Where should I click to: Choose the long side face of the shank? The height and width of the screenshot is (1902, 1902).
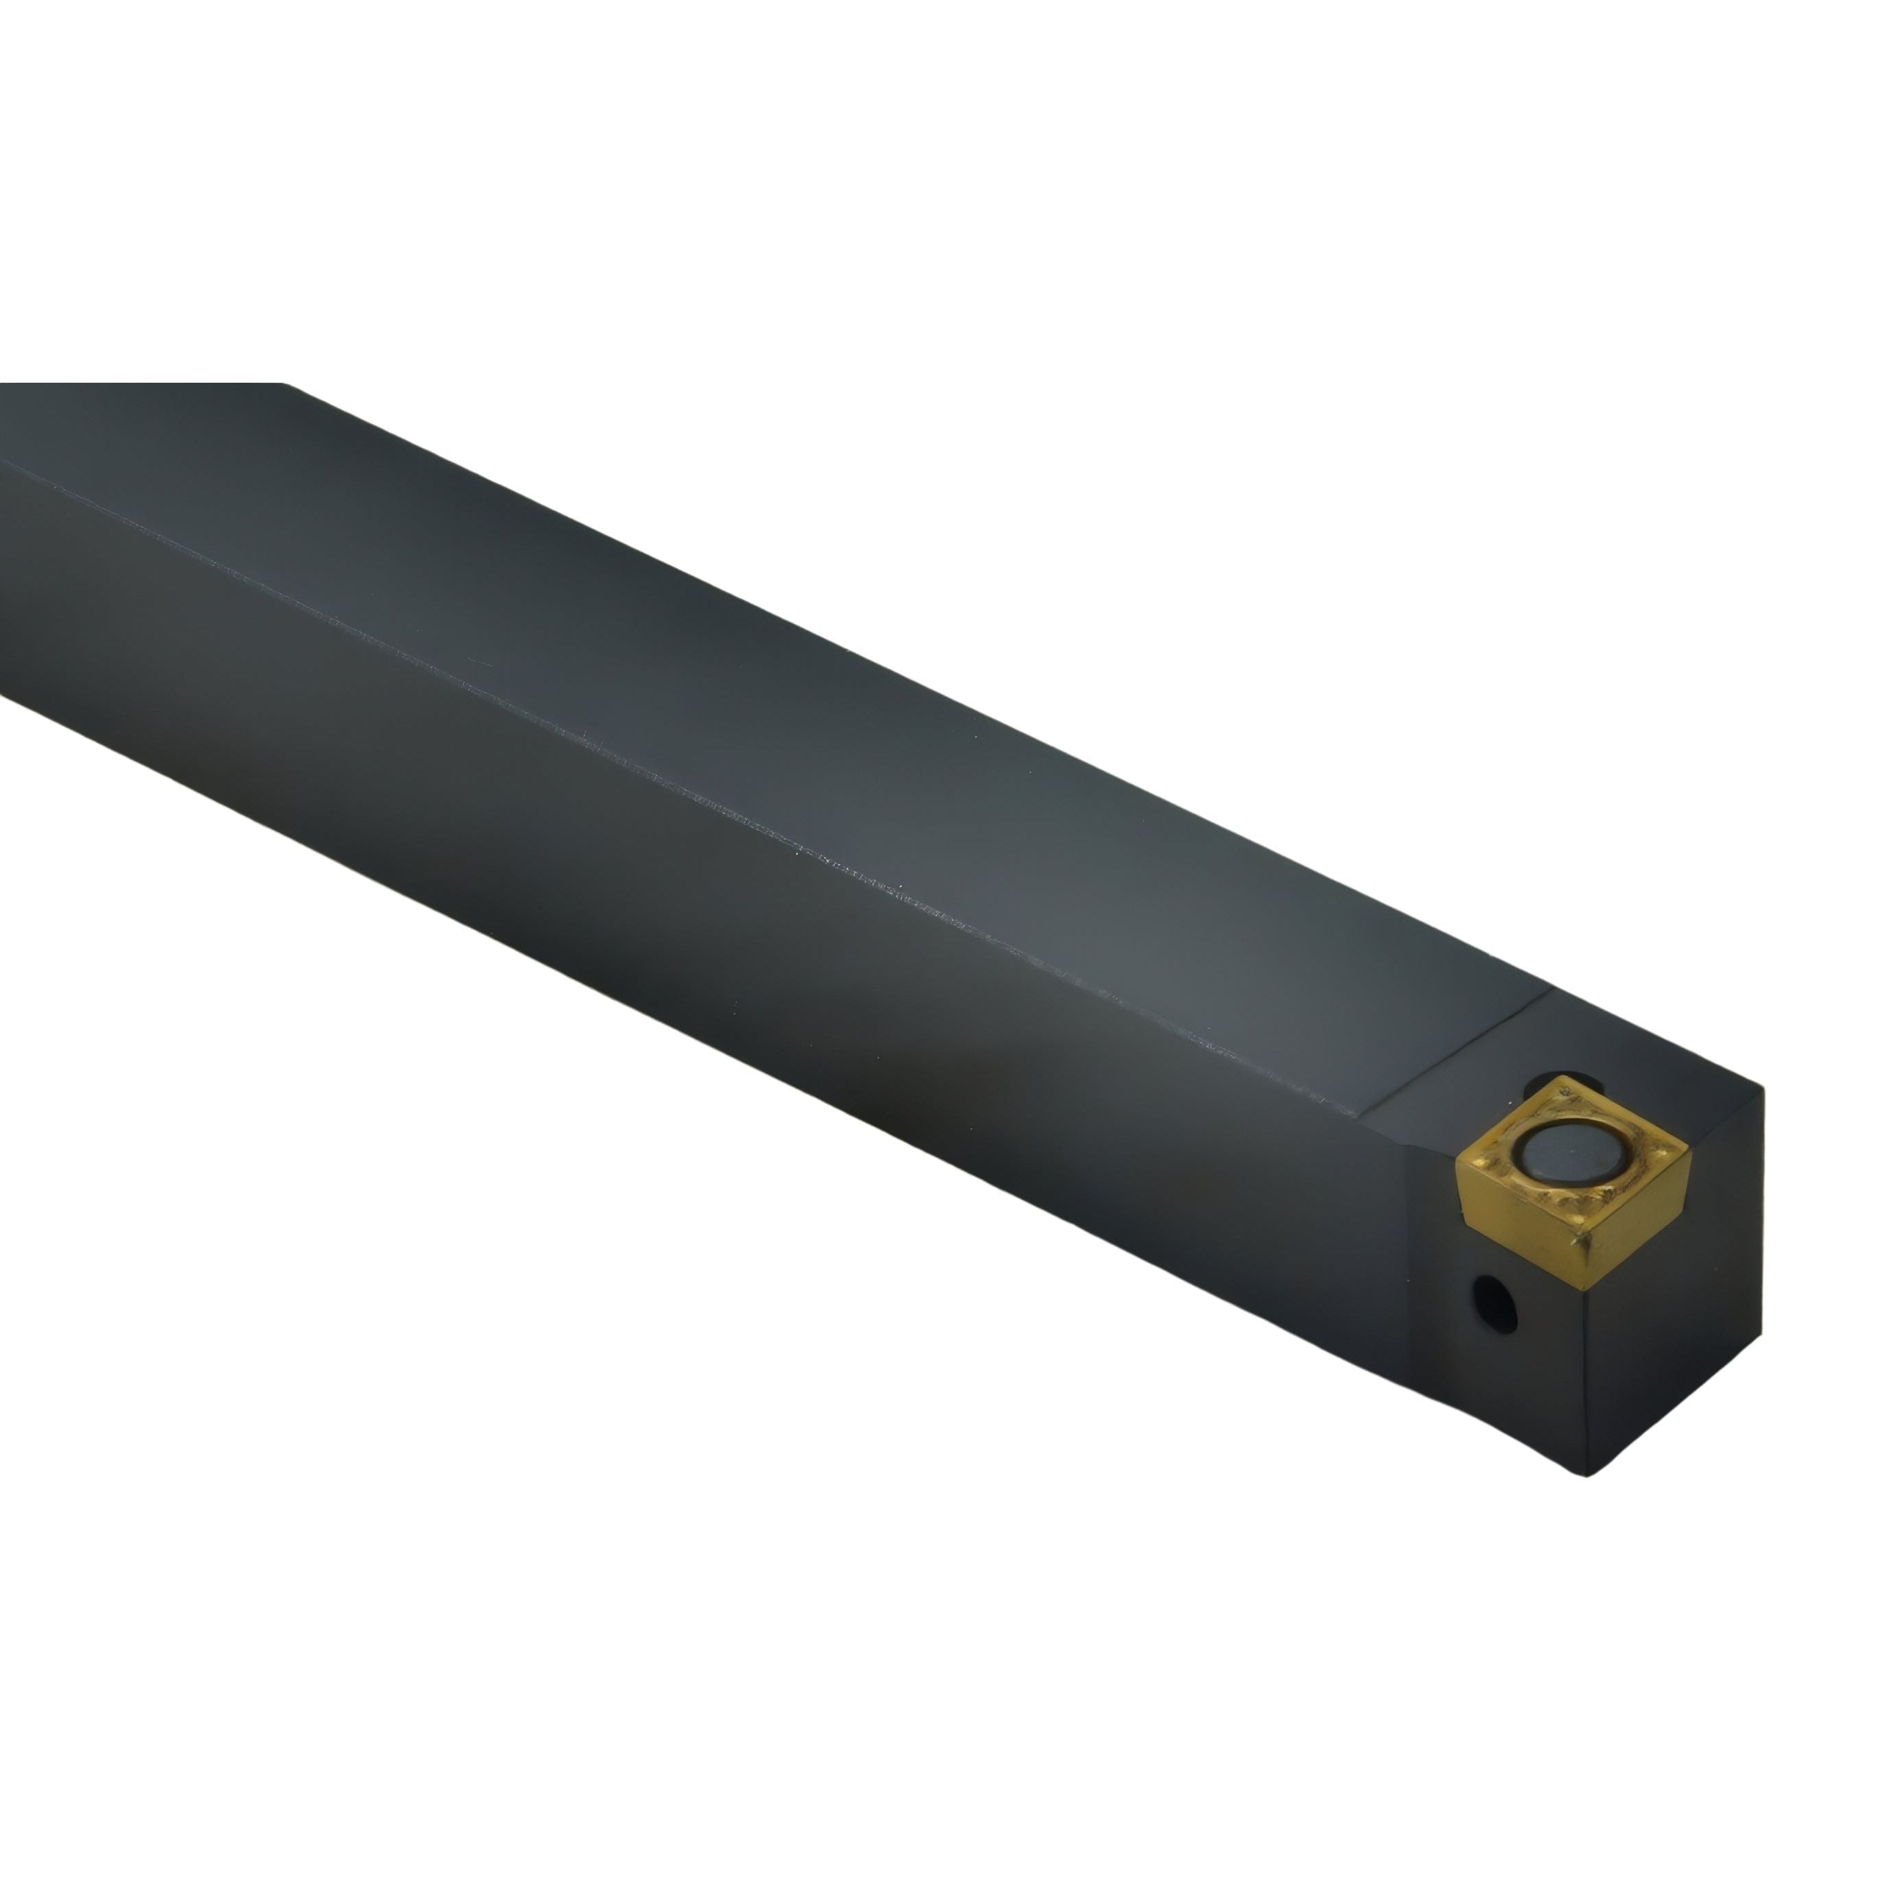click(689, 984)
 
